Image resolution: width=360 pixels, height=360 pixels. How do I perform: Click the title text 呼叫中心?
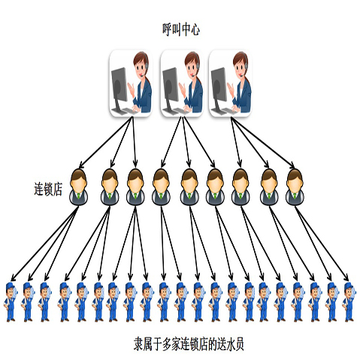click(x=181, y=29)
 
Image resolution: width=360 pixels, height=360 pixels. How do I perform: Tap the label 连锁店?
click(x=48, y=189)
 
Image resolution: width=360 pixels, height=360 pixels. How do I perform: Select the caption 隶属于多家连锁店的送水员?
click(x=189, y=343)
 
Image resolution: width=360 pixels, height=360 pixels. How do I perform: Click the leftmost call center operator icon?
click(x=131, y=83)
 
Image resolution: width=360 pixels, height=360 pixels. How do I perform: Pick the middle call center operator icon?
click(x=182, y=83)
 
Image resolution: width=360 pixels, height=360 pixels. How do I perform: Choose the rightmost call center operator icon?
click(x=230, y=83)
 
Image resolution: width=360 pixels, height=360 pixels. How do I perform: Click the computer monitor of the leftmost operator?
click(x=119, y=84)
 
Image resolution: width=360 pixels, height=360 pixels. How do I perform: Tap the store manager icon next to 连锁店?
click(x=79, y=187)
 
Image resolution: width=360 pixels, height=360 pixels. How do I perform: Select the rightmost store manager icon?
click(x=295, y=187)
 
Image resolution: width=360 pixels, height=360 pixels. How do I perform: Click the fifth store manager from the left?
click(x=189, y=187)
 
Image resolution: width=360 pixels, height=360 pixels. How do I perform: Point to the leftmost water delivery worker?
click(x=11, y=302)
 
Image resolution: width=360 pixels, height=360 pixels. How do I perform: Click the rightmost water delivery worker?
click(x=349, y=302)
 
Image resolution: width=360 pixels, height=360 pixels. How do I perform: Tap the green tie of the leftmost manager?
click(x=79, y=196)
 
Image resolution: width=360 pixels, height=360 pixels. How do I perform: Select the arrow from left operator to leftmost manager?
click(x=105, y=143)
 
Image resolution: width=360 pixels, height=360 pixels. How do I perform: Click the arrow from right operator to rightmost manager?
click(x=263, y=144)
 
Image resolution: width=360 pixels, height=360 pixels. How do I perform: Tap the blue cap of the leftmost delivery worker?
click(x=10, y=286)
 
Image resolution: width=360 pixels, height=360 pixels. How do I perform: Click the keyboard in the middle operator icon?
click(x=180, y=110)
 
